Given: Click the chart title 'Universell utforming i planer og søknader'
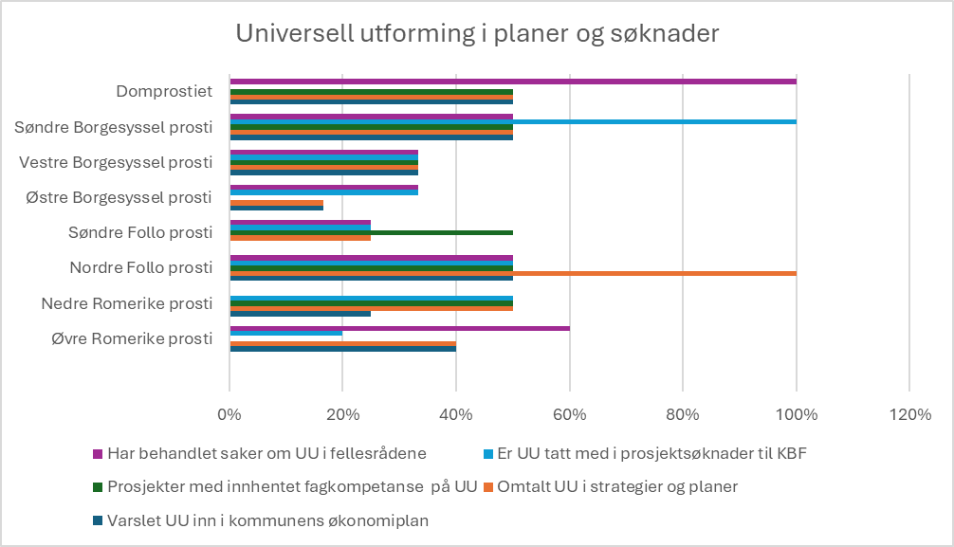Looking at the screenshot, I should (477, 33).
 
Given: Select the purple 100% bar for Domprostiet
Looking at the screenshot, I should (512, 82).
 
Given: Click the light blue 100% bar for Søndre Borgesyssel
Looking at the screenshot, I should (654, 121).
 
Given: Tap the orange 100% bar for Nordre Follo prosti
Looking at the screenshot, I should (654, 273).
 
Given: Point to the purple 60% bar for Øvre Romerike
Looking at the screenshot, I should (398, 328).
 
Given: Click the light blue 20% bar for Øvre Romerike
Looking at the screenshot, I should (285, 334).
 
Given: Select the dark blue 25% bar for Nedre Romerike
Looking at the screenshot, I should (300, 313).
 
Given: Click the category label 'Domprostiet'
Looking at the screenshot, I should (164, 92).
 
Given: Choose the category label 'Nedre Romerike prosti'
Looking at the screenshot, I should (126, 303).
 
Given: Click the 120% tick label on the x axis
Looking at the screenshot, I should (908, 413).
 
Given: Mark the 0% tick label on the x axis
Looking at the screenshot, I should (229, 413).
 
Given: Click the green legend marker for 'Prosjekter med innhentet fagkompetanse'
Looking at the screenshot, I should (97, 486).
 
